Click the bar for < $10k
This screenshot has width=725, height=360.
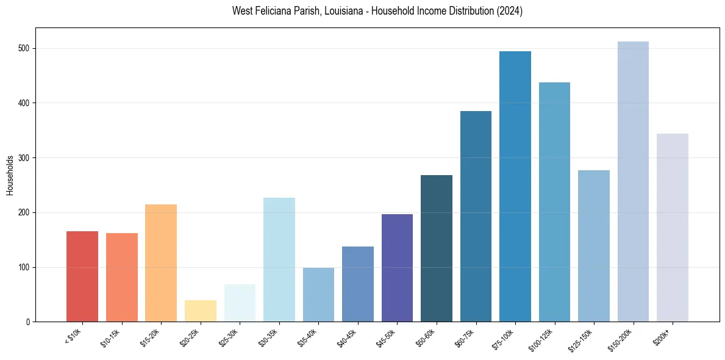[x=82, y=276]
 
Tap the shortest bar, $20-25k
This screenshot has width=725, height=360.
[x=201, y=311]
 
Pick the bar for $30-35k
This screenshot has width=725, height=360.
[x=279, y=259]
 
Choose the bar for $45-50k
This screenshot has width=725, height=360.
[x=397, y=268]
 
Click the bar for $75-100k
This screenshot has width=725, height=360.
[x=515, y=186]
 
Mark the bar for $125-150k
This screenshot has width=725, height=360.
[x=594, y=246]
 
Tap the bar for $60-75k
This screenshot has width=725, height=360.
[x=476, y=216]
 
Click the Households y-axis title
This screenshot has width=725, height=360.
[x=10, y=175]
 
